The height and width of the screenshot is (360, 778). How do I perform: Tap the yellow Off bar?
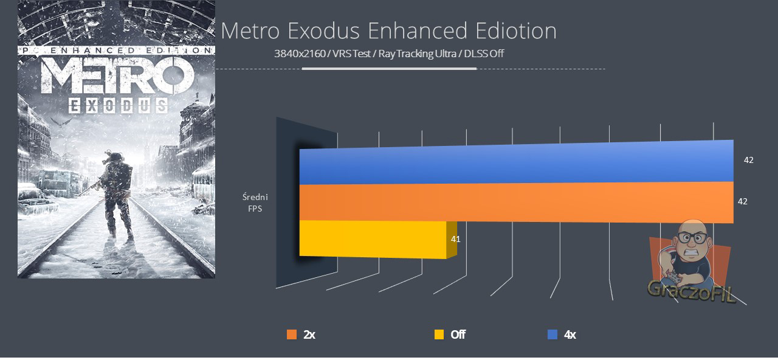(x=373, y=239)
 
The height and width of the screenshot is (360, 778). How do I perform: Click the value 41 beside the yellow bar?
(x=455, y=239)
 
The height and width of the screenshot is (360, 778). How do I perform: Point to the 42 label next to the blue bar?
(x=749, y=160)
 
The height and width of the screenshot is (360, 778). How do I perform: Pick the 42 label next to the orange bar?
(x=742, y=201)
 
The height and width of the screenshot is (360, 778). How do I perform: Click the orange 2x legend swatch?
(x=291, y=334)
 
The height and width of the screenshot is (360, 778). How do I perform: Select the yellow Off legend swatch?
(x=439, y=334)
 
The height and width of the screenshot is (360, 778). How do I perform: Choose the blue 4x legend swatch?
(x=552, y=334)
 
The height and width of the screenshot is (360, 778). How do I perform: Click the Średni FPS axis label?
(x=255, y=202)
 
